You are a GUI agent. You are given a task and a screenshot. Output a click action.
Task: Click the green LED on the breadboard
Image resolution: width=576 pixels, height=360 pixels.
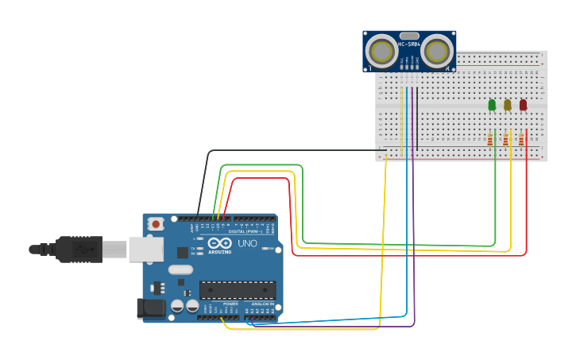(492, 105)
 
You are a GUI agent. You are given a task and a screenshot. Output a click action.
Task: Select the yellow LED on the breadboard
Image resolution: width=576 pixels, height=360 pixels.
(508, 105)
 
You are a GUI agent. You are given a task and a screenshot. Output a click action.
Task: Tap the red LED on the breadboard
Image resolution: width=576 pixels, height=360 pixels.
(523, 105)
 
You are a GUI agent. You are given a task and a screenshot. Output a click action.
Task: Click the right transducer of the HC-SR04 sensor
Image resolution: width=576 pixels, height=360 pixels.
(435, 52)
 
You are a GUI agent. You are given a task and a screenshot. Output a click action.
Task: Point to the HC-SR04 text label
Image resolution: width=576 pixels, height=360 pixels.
(409, 45)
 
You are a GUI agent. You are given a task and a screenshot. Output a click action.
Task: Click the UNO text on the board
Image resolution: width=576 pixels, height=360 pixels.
(247, 243)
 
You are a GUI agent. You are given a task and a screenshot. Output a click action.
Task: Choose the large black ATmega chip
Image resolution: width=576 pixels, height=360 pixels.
(238, 290)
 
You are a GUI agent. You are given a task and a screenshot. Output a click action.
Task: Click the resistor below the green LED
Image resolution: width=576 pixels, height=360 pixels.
(490, 140)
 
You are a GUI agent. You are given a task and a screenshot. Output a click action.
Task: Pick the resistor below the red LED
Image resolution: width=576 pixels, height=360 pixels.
(521, 140)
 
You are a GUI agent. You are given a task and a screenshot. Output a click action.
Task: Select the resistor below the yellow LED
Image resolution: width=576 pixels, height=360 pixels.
(505, 140)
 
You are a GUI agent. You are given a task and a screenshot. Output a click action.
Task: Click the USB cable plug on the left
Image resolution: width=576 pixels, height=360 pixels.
(79, 249)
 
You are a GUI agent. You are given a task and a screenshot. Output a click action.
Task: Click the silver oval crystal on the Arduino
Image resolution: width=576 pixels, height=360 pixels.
(180, 269)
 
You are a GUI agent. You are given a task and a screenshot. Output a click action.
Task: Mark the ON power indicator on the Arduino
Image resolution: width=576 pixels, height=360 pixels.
(271, 249)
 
